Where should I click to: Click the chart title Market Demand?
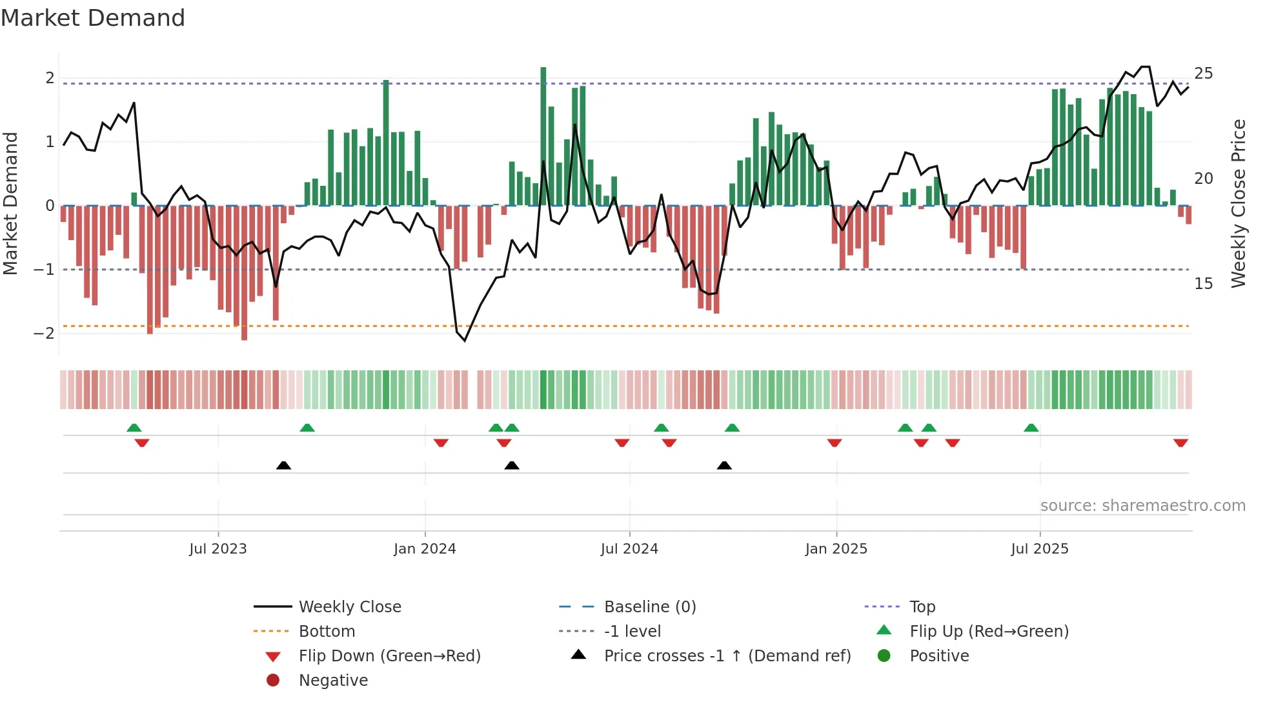93,18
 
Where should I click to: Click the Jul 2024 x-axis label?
629,549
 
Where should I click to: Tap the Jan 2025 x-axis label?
836,549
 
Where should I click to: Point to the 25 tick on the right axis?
1203,74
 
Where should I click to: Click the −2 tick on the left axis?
44,334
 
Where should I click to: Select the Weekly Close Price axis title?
1238,203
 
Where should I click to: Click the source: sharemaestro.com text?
1142,505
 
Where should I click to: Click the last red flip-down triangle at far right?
1180,443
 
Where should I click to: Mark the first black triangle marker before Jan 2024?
283,465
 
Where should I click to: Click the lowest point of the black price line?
465,340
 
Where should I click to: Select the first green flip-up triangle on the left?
134,428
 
